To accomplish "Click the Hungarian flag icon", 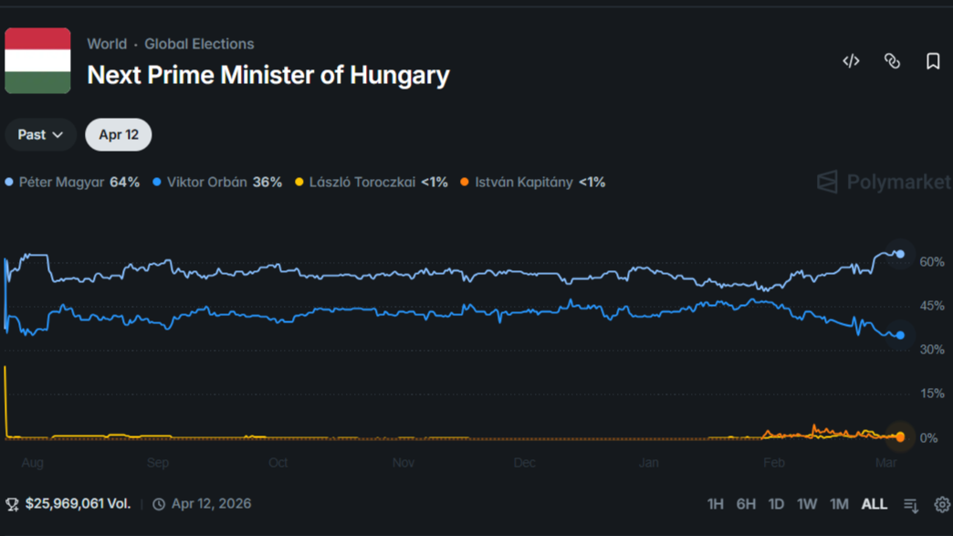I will click(37, 60).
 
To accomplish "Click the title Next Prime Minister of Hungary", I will click(268, 75).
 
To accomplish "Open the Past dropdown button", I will click(40, 135).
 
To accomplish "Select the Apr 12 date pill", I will click(119, 135).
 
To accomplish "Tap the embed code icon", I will click(851, 61).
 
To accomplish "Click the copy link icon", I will click(892, 61).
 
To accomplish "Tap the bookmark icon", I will click(932, 61).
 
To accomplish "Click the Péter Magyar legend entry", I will click(73, 183).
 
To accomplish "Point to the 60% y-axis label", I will click(932, 262).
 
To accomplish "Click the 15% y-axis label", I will click(932, 394).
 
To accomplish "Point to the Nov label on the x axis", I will click(403, 463).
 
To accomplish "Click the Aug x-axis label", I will click(32, 463).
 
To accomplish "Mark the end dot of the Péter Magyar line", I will click(900, 254).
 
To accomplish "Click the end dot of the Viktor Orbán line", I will click(900, 336).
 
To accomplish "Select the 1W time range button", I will click(807, 504).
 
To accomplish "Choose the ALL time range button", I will click(874, 504).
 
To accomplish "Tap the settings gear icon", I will click(942, 504).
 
